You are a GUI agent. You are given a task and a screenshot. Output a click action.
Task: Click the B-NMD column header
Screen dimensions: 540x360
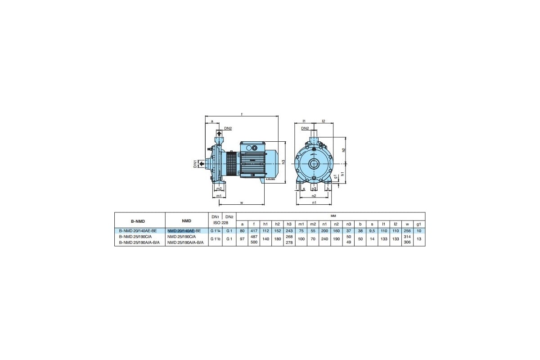(x=139, y=220)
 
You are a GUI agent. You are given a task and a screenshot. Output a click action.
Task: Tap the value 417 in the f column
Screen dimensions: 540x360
(x=253, y=230)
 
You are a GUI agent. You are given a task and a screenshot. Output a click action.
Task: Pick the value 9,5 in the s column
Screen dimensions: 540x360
(x=372, y=230)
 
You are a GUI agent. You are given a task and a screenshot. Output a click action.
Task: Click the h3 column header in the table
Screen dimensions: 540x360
(x=289, y=224)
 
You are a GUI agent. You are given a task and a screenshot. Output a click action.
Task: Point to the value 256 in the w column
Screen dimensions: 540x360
(x=407, y=230)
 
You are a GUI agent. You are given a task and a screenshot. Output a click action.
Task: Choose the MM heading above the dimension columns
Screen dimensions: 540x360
(x=334, y=216)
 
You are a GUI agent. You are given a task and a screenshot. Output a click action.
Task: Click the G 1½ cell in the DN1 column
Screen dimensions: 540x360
(x=215, y=238)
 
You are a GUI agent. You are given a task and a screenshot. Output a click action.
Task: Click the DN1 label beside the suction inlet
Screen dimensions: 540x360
(x=195, y=164)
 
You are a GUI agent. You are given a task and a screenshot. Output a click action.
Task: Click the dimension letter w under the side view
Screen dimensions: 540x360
(x=241, y=203)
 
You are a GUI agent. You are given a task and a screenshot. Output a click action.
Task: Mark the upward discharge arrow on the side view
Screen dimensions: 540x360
(x=219, y=134)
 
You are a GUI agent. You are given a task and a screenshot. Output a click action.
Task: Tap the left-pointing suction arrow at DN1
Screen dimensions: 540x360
(x=202, y=164)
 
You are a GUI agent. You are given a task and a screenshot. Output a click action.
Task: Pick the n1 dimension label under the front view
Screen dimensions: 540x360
(x=314, y=203)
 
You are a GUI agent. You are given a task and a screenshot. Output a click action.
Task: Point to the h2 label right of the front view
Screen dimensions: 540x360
(x=344, y=150)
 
